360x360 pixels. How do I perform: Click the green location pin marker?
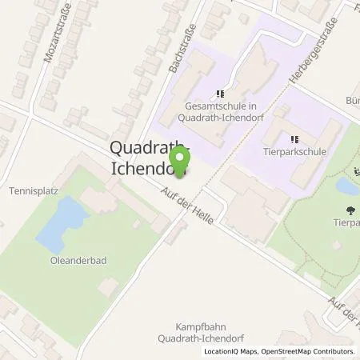coord(180,159)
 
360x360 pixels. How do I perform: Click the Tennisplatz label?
coord(29,191)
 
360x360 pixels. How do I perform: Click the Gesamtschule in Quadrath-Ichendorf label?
coord(217,113)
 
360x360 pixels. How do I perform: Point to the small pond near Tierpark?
coord(346,187)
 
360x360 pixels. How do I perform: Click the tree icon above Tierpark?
coord(350,210)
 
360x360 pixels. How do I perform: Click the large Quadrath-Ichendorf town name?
coord(148,158)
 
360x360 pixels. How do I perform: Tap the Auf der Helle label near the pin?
coord(187,206)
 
